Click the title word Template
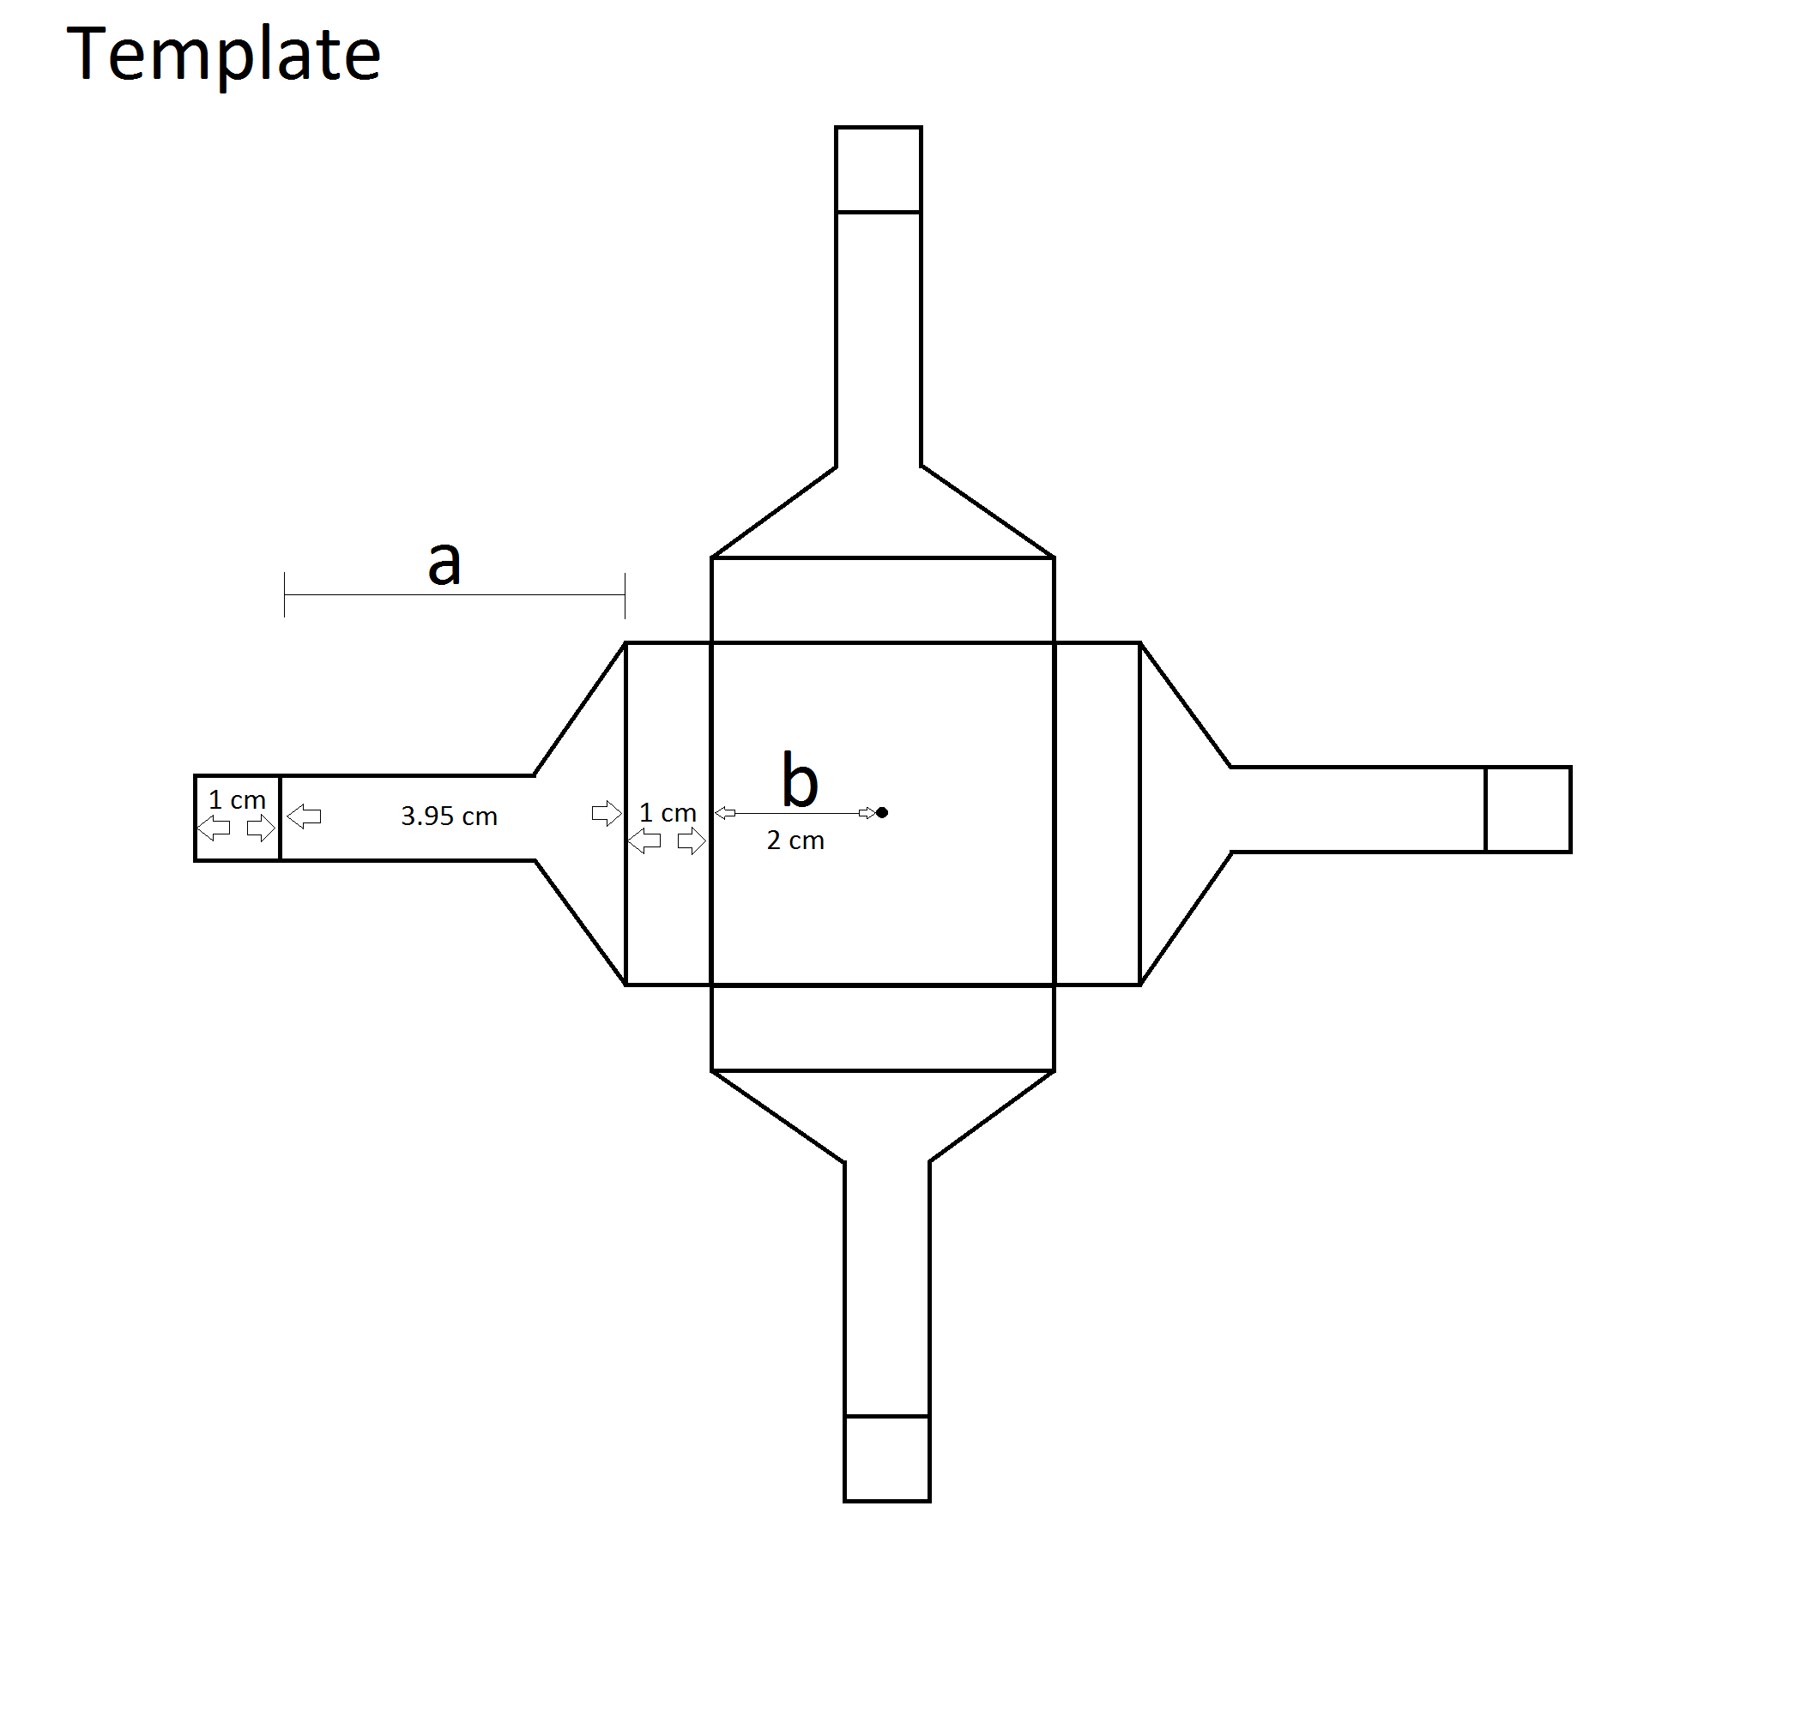click(x=223, y=55)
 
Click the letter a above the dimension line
click(x=444, y=563)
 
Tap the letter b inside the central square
click(x=800, y=780)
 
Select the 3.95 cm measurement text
click(x=449, y=816)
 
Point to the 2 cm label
click(x=795, y=840)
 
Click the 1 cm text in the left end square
click(x=237, y=800)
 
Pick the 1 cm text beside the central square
click(x=668, y=813)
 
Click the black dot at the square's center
click(x=882, y=812)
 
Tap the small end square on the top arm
click(x=878, y=170)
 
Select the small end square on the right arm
click(x=1527, y=810)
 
